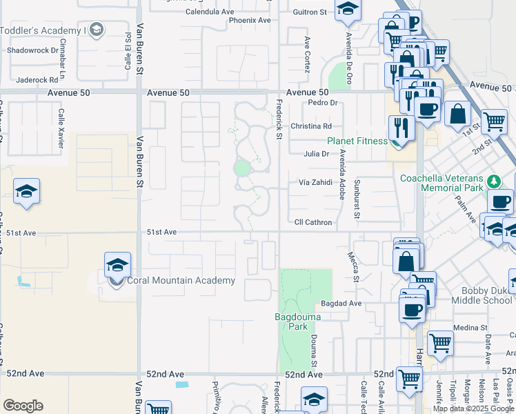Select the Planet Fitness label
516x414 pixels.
pos(358,141)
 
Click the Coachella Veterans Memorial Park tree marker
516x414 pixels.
pos(493,181)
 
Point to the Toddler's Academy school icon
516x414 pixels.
pos(96,29)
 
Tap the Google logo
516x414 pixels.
pos(23,406)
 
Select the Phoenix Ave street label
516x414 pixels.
pos(250,21)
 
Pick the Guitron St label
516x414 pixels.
pos(309,12)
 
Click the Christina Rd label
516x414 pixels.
pos(311,126)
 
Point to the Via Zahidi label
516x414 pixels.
pos(315,182)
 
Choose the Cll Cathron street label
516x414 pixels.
pos(313,223)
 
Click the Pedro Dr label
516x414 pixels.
pos(322,103)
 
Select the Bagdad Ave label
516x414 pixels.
pos(341,304)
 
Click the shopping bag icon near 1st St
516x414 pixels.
pos(457,114)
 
